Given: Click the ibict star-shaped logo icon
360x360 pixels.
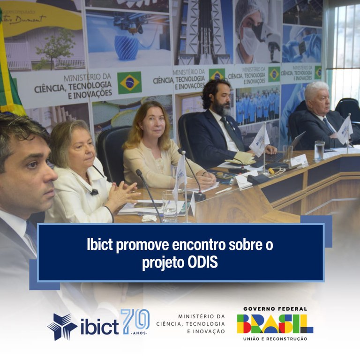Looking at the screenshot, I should point(62,327).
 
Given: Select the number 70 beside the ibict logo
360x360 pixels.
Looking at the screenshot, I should point(135,321).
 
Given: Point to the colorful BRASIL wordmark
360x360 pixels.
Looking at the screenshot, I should point(275,323).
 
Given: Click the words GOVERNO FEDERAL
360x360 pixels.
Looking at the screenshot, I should point(275,309).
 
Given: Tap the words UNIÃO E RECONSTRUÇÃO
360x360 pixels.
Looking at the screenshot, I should point(275,338).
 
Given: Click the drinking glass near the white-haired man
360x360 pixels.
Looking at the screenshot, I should point(319,150).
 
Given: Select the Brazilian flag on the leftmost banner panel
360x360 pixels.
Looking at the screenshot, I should point(129,82).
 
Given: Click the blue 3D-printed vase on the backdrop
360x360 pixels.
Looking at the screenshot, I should point(127,47).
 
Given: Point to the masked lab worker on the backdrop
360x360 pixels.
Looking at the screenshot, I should point(253,33).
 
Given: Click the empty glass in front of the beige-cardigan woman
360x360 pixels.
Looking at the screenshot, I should point(169,205).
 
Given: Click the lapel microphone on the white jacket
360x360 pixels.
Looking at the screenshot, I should point(94,192).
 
